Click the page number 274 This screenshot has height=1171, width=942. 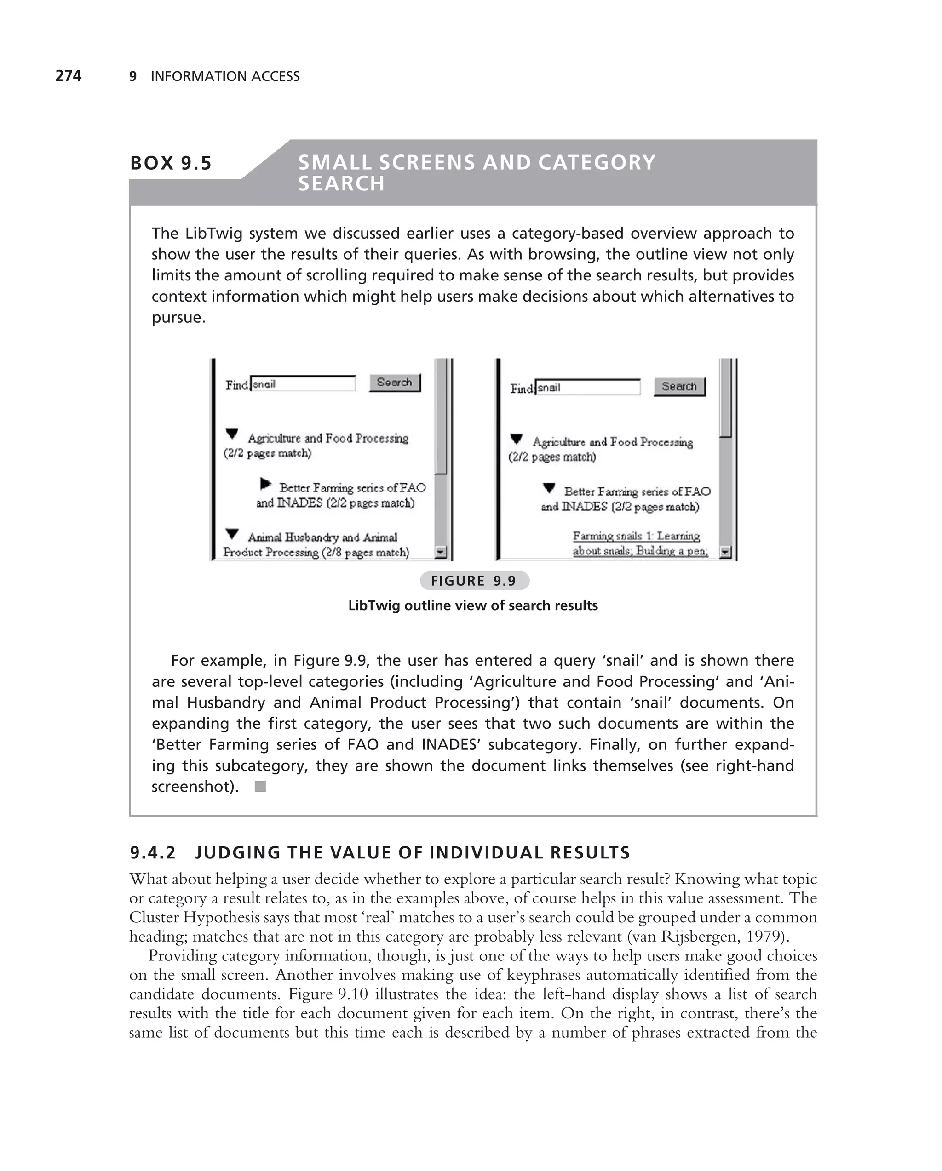[69, 75]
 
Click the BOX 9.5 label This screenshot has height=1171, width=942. [171, 163]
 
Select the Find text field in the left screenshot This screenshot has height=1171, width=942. [303, 384]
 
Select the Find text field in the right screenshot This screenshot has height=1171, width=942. [587, 387]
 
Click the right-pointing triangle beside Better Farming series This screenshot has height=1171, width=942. [265, 483]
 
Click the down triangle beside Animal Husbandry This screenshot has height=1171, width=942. [232, 534]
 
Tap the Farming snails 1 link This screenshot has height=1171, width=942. [636, 536]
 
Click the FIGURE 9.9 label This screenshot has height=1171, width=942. [474, 581]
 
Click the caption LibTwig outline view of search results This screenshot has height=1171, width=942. [473, 605]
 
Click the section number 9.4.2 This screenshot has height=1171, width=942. [153, 853]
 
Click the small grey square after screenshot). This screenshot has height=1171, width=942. [260, 787]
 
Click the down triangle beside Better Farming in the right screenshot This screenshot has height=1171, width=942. [549, 488]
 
